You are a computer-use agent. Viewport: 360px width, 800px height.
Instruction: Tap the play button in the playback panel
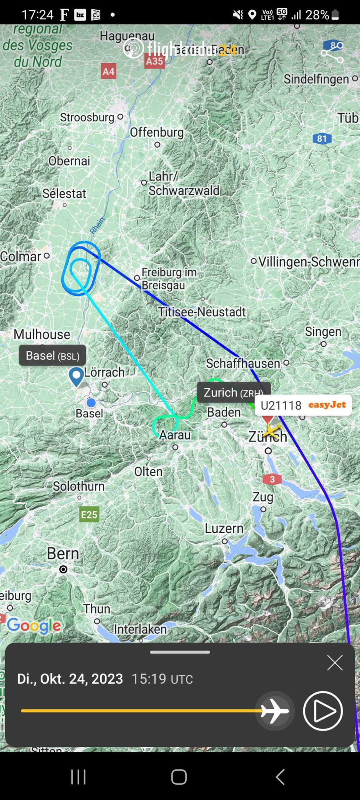click(323, 711)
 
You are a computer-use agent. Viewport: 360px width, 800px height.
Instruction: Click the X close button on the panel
click(335, 663)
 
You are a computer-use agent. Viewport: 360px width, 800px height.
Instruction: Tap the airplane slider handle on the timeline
click(275, 711)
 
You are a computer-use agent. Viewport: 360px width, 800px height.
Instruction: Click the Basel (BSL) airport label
click(52, 355)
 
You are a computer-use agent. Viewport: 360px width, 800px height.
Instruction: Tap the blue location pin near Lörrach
click(77, 376)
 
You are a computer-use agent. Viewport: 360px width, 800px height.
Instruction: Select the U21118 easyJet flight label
click(303, 405)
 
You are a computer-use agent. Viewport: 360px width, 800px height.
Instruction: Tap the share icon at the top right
click(332, 52)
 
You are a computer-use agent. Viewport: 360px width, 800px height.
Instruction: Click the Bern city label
click(63, 554)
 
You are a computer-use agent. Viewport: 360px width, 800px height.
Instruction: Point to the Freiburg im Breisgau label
click(169, 278)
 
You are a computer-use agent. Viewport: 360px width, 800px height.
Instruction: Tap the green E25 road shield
click(89, 514)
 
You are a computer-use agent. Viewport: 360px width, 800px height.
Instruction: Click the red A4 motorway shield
click(108, 71)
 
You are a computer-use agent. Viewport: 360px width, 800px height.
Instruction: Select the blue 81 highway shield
click(322, 138)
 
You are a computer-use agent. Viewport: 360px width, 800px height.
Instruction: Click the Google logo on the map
click(34, 626)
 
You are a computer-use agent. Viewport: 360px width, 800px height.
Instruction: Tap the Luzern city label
click(224, 529)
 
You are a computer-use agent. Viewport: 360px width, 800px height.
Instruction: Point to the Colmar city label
click(20, 256)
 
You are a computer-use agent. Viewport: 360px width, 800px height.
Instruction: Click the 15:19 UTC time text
click(162, 679)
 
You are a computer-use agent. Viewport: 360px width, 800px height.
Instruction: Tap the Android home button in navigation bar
click(179, 777)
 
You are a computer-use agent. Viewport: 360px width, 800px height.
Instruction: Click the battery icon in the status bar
click(335, 15)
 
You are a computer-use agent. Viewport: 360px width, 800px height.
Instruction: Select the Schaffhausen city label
click(243, 363)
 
